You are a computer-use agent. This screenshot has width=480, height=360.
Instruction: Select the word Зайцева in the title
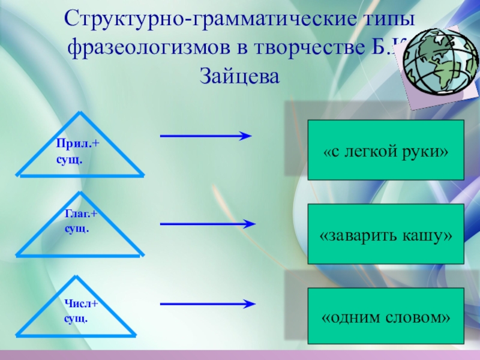239,75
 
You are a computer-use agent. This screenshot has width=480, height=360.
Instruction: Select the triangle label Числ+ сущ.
81,310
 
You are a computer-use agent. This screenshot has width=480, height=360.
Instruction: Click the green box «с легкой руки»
386,150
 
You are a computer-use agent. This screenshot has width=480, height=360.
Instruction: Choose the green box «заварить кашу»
386,234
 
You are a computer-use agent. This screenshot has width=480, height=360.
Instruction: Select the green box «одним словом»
386,316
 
